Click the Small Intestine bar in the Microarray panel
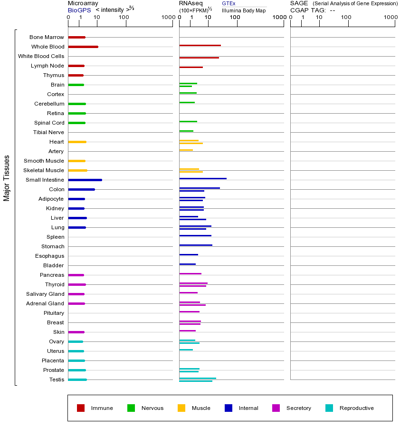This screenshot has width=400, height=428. click(85, 180)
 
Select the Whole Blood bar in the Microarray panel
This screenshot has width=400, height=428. click(83, 47)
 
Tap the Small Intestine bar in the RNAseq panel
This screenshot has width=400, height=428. click(203, 178)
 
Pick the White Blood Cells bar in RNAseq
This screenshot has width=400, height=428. click(199, 58)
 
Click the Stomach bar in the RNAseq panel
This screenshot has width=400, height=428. click(196, 245)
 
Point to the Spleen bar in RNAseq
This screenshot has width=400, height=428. click(195, 235)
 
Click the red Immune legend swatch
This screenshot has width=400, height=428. click(81, 408)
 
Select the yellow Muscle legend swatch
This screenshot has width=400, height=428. click(181, 408)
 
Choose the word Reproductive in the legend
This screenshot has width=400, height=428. click(356, 408)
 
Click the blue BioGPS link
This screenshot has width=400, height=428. click(79, 10)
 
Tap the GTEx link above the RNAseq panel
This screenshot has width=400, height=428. click(229, 3)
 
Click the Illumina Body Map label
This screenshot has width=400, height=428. click(244, 10)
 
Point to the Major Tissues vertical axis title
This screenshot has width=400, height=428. click(7, 178)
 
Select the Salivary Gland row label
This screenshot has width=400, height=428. click(45, 294)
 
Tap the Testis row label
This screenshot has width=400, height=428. click(57, 379)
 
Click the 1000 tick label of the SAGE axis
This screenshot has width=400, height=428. click(390, 18)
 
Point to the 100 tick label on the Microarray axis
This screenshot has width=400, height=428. click(124, 18)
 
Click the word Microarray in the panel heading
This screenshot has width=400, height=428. click(83, 3)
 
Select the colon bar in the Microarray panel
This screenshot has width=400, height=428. click(81, 189)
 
